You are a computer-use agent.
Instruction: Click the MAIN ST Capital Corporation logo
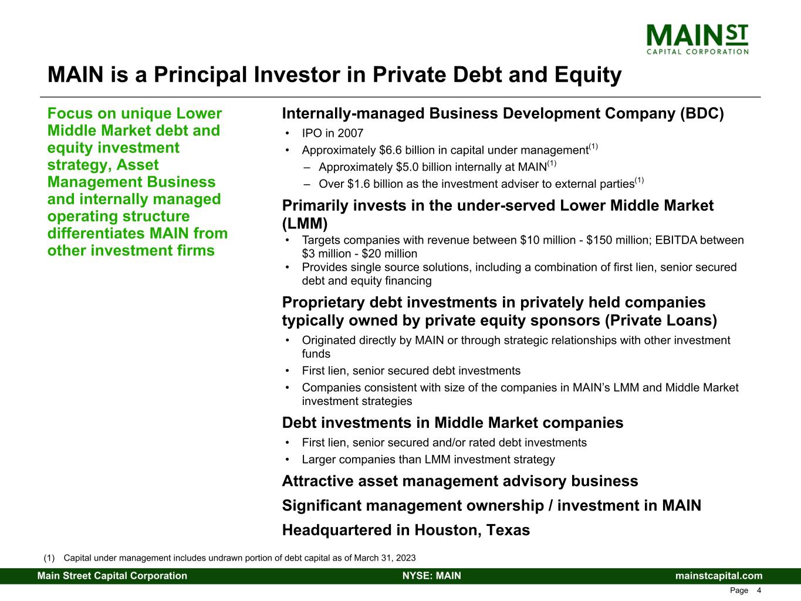(697, 39)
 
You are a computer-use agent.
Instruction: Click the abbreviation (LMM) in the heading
(305, 224)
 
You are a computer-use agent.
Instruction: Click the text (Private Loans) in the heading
(661, 320)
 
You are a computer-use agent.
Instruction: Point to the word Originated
(329, 340)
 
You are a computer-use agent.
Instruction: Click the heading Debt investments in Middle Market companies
(452, 423)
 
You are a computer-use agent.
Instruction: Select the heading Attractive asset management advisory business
(460, 481)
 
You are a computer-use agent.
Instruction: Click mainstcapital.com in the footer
(719, 576)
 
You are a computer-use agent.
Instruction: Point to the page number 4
(759, 590)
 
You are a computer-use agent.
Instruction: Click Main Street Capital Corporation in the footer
(113, 576)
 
